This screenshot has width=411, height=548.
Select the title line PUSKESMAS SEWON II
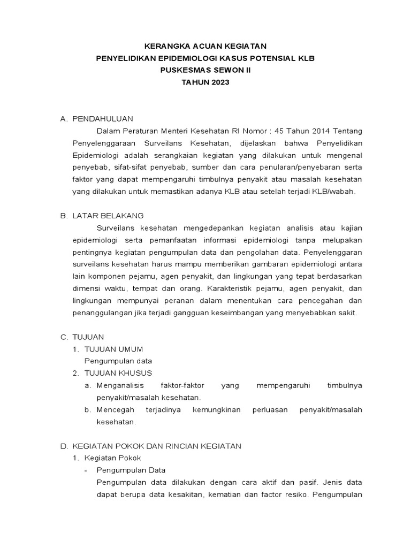point(205,70)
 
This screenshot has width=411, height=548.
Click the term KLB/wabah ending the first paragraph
point(334,192)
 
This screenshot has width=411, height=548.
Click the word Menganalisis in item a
point(119,385)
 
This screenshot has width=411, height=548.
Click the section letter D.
point(64,446)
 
